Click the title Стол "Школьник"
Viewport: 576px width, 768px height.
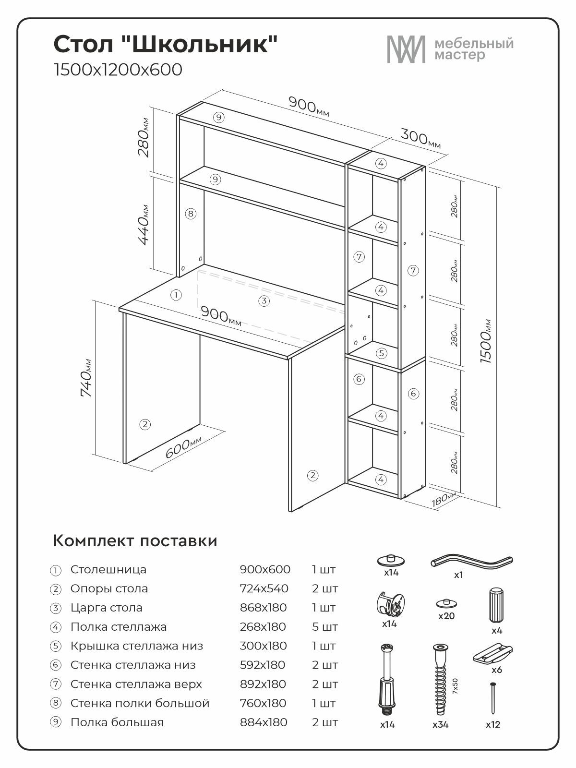[166, 45]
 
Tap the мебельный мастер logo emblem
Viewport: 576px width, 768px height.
[406, 49]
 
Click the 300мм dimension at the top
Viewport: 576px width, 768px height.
[421, 138]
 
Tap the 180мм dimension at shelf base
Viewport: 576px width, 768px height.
[443, 499]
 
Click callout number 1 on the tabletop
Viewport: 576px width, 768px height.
[176, 295]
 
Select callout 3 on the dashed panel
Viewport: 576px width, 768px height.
[264, 301]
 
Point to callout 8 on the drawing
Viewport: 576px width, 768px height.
[191, 214]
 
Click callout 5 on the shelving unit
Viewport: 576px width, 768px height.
[381, 354]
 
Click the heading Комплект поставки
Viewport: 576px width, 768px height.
[135, 541]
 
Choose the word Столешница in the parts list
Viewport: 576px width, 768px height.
[108, 570]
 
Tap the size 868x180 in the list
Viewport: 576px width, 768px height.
[263, 608]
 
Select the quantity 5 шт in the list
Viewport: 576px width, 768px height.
[324, 627]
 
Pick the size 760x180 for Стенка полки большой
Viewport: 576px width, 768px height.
[263, 703]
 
